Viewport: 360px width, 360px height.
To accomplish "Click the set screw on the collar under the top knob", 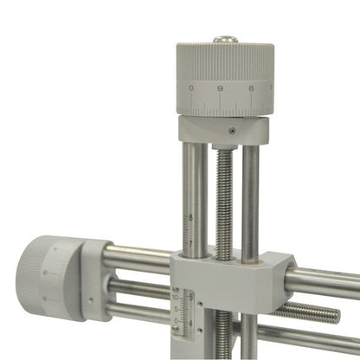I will (232, 130).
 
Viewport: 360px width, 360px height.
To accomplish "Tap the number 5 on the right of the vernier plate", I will (191, 299).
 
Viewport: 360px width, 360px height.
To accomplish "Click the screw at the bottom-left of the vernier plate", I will (177, 329).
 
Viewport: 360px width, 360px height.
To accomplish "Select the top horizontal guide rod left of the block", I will (138, 256).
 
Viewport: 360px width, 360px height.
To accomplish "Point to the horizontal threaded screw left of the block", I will (138, 286).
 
